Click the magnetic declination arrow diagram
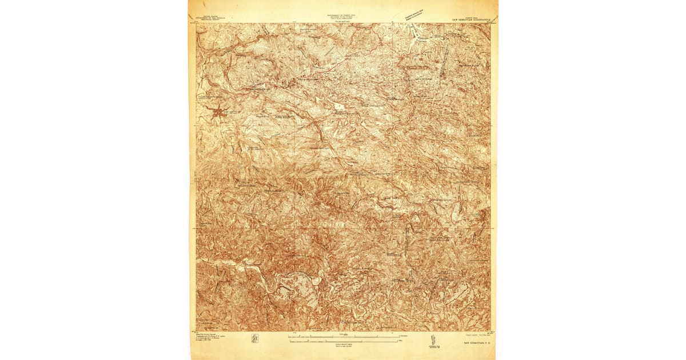[430, 341]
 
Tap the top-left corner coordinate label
[194, 22]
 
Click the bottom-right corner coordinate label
[493, 332]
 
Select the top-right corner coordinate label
[493, 22]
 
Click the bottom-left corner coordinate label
[194, 332]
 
